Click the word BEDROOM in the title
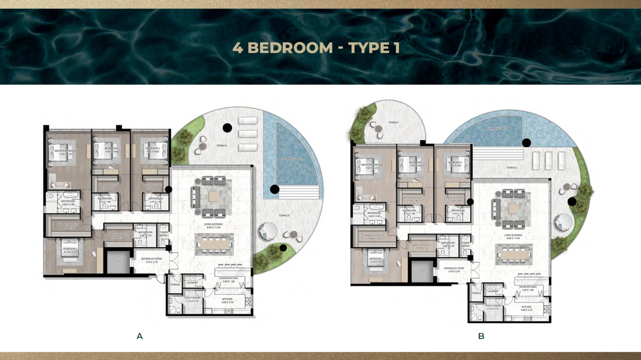point(290,48)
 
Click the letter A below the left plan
point(139,336)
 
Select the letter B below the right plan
point(481,336)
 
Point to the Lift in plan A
point(118,261)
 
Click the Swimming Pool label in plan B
point(497,128)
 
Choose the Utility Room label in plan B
point(492,307)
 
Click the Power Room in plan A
point(164,234)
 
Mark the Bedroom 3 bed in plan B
point(376,260)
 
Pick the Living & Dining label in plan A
point(213,225)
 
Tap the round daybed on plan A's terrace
point(268,231)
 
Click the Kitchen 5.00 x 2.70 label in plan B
point(526,308)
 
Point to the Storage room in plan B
point(476,293)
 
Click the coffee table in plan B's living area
point(513,208)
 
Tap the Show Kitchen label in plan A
point(229,280)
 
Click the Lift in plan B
point(422,270)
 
